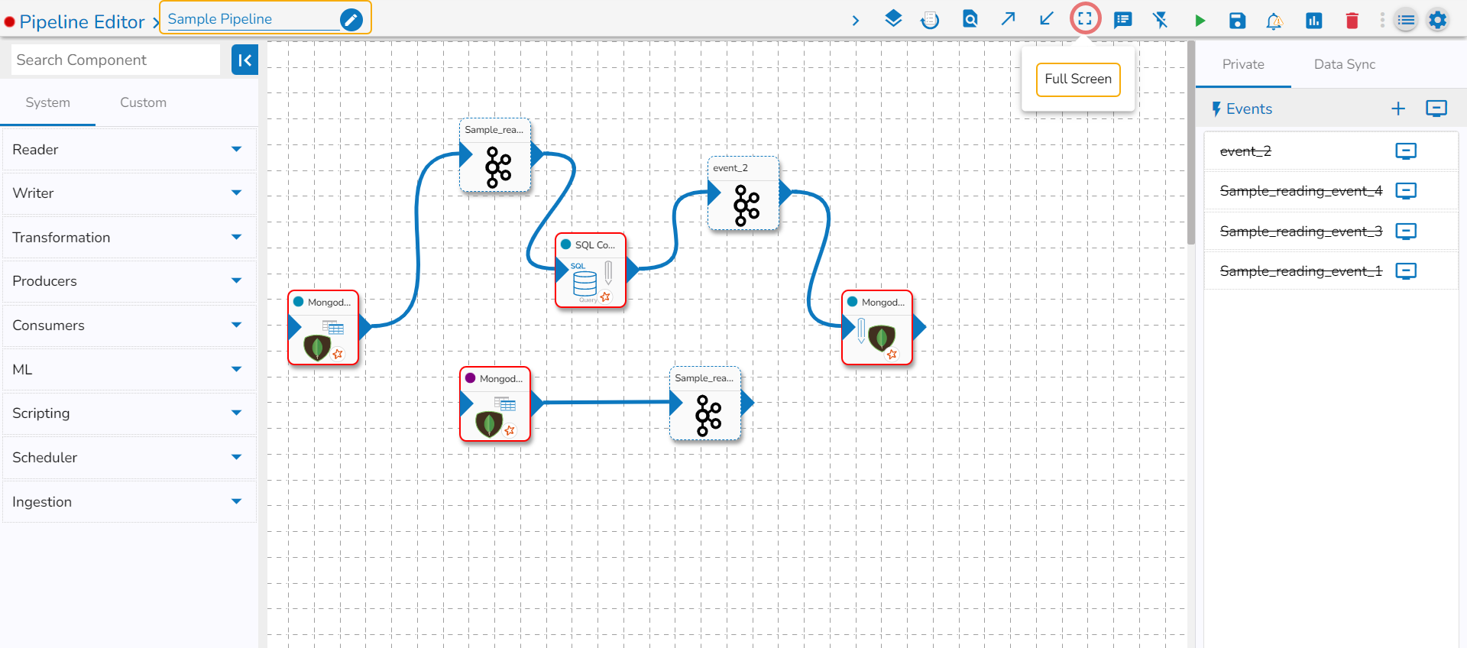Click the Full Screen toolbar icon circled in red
(1084, 19)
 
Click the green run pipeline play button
(1200, 21)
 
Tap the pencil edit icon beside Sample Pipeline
(351, 19)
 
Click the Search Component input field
(115, 60)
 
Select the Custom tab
(143, 102)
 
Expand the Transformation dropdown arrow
(236, 237)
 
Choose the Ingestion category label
(42, 501)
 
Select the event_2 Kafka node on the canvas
(743, 194)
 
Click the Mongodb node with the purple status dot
(495, 404)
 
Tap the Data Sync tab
(1344, 64)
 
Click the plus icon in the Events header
(1397, 109)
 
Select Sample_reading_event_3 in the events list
(1300, 231)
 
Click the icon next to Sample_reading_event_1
(1405, 271)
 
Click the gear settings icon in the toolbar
(1437, 20)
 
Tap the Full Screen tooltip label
(1077, 79)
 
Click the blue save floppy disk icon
(1237, 21)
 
